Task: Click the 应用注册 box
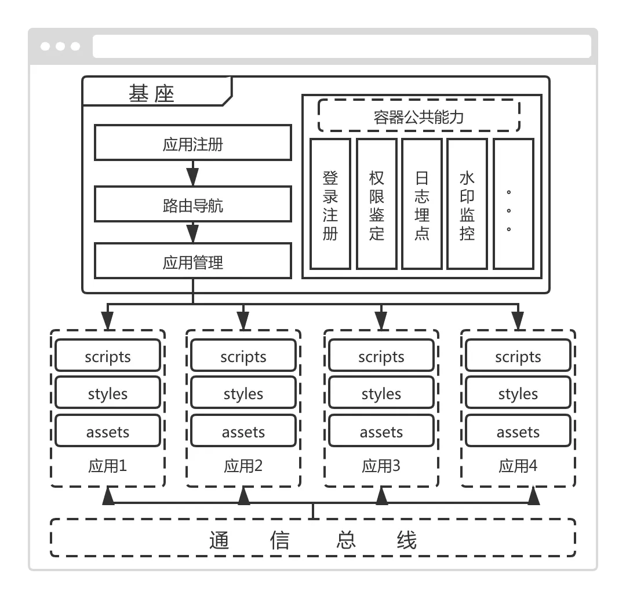(193, 144)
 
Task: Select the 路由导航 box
(193, 204)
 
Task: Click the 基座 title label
(152, 94)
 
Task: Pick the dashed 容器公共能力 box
(418, 116)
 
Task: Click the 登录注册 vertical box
(330, 204)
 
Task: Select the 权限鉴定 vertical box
(376, 204)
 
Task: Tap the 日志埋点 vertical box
(422, 204)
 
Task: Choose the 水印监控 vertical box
(467, 204)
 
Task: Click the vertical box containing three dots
(513, 204)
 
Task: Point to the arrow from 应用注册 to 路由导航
(193, 174)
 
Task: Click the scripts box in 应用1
(108, 356)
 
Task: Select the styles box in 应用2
(243, 393)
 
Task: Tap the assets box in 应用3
(381, 432)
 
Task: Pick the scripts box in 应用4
(518, 356)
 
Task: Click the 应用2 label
(243, 466)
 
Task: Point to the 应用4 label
(518, 466)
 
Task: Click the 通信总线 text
(313, 539)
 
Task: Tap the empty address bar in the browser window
(342, 46)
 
